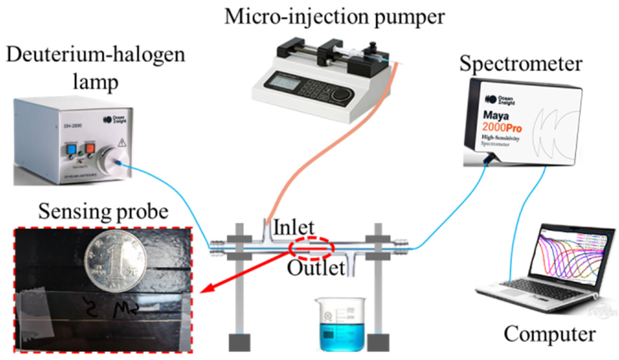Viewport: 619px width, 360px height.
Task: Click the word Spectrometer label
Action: point(521,64)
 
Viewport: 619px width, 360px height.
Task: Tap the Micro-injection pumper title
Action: point(334,17)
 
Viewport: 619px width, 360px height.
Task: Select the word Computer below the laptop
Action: point(550,334)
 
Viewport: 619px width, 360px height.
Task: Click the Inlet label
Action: point(294,227)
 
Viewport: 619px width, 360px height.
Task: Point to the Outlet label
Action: point(316,268)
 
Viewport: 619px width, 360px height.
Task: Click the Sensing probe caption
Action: point(103,212)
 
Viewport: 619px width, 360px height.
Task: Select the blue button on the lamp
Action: point(71,149)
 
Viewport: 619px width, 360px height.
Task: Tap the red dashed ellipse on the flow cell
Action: point(312,248)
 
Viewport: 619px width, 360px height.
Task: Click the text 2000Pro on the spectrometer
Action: point(502,127)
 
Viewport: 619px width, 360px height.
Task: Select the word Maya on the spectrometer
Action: point(496,116)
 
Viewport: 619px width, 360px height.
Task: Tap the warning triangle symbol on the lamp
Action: point(122,142)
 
